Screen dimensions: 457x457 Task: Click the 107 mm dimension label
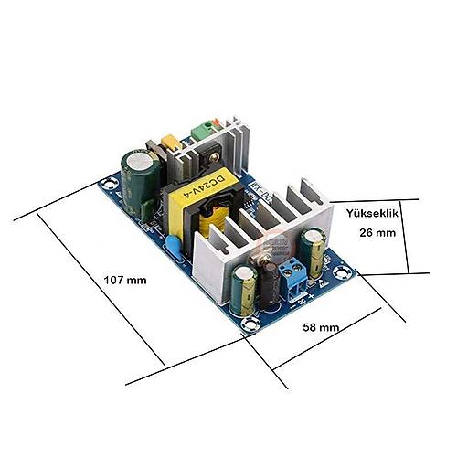tap(125, 280)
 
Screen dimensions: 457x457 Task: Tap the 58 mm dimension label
tap(321, 326)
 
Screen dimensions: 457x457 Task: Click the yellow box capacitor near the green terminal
tap(168, 144)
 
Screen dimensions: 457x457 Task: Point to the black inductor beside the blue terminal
tap(271, 278)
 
